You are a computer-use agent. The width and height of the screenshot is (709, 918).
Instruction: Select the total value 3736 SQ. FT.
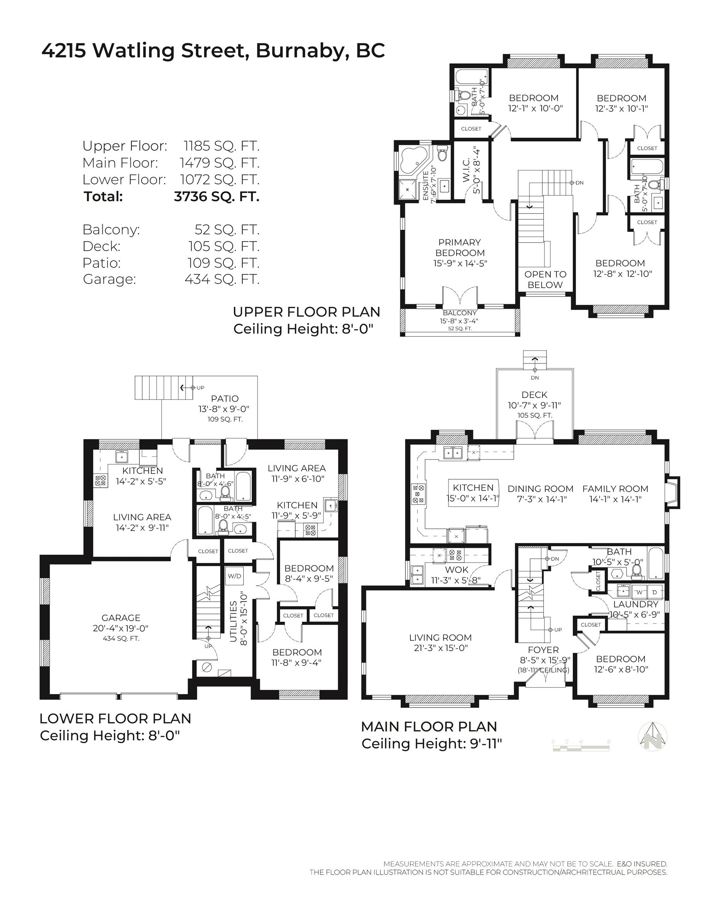[x=216, y=196]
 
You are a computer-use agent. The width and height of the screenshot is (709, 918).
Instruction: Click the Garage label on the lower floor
[x=121, y=618]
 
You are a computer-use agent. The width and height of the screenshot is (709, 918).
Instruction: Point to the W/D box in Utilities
[x=235, y=576]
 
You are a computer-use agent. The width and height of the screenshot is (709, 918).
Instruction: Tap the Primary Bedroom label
[x=460, y=247]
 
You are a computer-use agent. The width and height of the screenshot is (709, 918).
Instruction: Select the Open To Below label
[x=545, y=280]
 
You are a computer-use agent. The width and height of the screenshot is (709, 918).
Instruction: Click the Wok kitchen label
[x=457, y=569]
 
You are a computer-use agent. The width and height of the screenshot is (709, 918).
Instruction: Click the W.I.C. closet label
[x=467, y=171]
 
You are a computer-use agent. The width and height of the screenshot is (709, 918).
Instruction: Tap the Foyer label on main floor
[x=543, y=650]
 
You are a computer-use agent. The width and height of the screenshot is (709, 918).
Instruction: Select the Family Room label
[x=615, y=488]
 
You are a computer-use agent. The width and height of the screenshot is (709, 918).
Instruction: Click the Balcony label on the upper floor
[x=460, y=313]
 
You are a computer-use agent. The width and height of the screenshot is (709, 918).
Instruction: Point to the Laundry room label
[x=635, y=604]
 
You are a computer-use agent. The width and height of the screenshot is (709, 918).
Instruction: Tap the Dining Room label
[x=540, y=488]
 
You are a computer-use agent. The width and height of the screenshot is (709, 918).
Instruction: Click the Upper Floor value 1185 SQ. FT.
[x=221, y=146]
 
